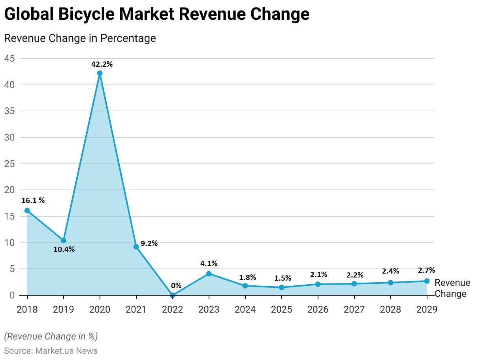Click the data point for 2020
click(x=100, y=73)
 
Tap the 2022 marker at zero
click(x=172, y=295)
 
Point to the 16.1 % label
click(x=33, y=200)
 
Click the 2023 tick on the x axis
click(x=209, y=309)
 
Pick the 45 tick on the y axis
click(x=9, y=58)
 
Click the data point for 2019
click(x=63, y=240)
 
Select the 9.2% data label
click(x=149, y=244)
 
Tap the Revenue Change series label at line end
click(x=452, y=288)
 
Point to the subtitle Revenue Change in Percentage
click(x=80, y=38)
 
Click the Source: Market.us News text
click(x=51, y=351)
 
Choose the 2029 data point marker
click(x=427, y=281)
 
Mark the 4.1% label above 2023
click(x=209, y=263)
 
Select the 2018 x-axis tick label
click(x=27, y=309)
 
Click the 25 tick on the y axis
click(x=9, y=164)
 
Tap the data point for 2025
click(x=281, y=287)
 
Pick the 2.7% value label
click(x=426, y=270)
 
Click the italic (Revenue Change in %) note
click(x=51, y=336)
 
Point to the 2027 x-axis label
click(x=354, y=309)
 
